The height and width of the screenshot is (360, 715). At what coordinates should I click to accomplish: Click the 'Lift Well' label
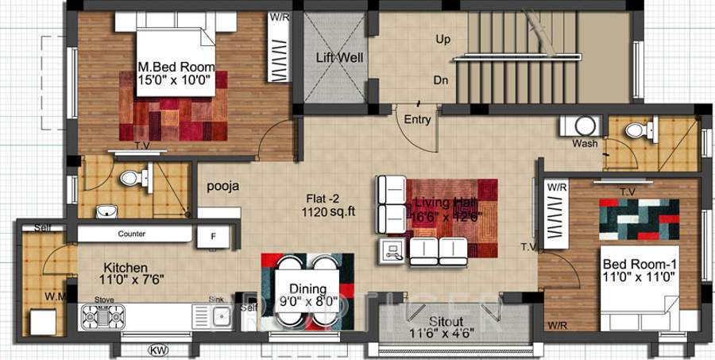tap(340, 58)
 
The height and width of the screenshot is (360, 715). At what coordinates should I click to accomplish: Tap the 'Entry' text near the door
tap(417, 120)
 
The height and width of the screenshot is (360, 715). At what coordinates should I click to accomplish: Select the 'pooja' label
tap(224, 188)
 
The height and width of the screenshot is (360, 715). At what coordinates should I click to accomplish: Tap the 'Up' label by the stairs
tap(443, 39)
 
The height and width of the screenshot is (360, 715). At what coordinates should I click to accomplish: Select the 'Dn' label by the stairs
tap(442, 80)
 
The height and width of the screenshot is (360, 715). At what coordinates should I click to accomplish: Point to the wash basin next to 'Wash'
tap(586, 126)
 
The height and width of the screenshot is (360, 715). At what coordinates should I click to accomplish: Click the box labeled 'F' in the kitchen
tap(212, 236)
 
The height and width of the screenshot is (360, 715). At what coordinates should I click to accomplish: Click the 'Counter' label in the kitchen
tap(131, 234)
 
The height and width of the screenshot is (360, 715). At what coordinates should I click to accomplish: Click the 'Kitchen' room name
tap(126, 268)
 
